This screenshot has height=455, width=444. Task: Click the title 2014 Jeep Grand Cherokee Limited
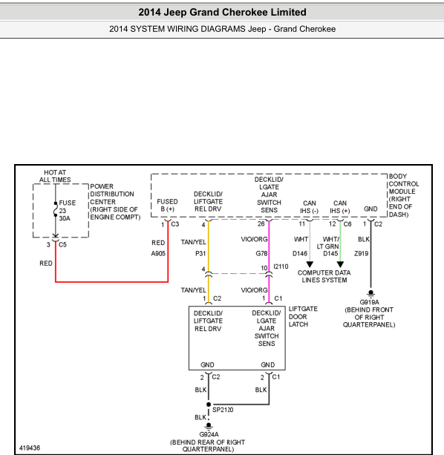(x=222, y=12)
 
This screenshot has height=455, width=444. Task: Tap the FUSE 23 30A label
(x=68, y=211)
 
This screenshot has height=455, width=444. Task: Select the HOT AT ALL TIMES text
(x=55, y=176)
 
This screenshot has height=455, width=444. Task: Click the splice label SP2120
(x=223, y=410)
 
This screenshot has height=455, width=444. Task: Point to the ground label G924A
(x=209, y=434)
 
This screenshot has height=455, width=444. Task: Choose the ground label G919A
(x=370, y=302)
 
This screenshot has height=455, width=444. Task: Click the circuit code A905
(x=158, y=254)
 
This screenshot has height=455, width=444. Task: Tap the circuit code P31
(x=200, y=254)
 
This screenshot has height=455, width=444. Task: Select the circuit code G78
(x=261, y=254)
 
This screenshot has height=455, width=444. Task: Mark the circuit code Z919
(x=362, y=254)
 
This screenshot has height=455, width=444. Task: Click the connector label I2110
(x=281, y=266)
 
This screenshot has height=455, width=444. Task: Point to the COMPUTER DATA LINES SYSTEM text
(x=324, y=277)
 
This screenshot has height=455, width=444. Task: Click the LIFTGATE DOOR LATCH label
(x=303, y=317)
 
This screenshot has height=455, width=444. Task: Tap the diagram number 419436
(x=30, y=448)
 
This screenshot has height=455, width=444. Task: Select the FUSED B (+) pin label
(x=168, y=205)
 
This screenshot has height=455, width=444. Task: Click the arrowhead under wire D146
(x=310, y=264)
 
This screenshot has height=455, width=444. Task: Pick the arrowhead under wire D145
(x=340, y=264)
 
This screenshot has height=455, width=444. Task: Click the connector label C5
(x=62, y=245)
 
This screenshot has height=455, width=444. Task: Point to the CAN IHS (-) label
(x=310, y=207)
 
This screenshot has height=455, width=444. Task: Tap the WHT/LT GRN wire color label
(x=328, y=243)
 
